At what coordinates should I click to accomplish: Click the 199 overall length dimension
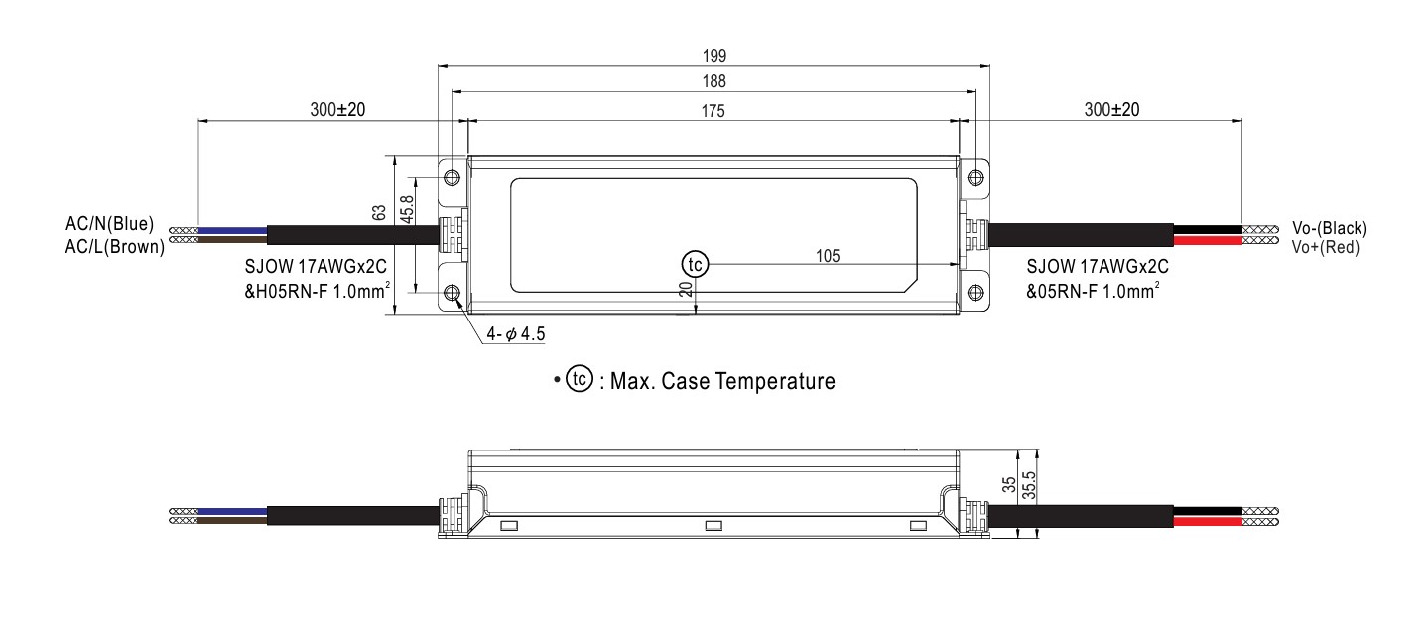(x=714, y=56)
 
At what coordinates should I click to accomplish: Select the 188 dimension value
(x=714, y=81)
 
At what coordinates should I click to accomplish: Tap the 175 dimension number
(x=713, y=111)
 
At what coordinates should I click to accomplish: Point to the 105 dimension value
(x=828, y=256)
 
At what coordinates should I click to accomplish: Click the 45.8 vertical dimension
(x=408, y=209)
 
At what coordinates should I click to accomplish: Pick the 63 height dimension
(x=379, y=212)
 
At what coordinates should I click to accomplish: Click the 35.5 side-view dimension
(x=1029, y=485)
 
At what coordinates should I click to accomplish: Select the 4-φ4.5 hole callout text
(x=516, y=334)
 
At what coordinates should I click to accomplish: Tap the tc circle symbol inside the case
(x=696, y=264)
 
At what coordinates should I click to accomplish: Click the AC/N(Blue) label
(x=109, y=224)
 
